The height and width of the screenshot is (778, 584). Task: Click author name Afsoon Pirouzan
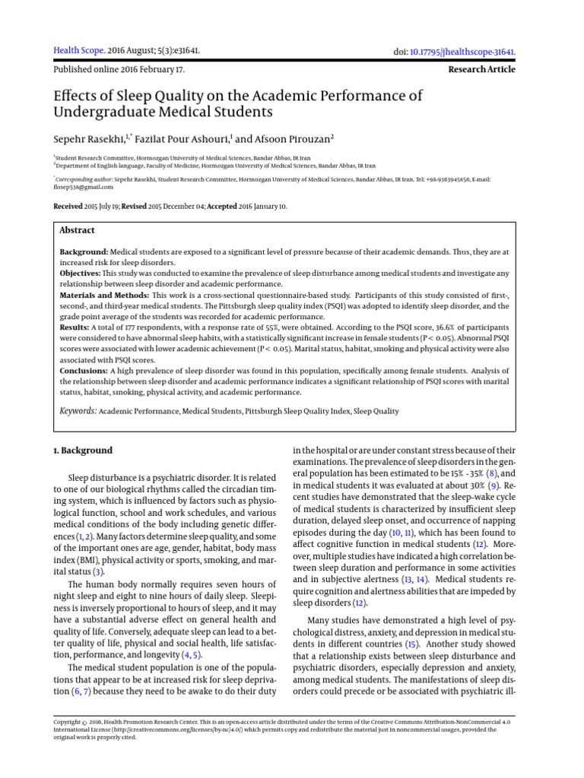(x=290, y=138)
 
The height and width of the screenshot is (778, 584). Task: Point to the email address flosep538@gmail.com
(x=84, y=186)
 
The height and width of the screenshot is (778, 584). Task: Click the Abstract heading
(x=78, y=230)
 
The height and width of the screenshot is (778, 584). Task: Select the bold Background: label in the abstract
(x=84, y=251)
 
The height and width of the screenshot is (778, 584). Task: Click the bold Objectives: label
(x=81, y=272)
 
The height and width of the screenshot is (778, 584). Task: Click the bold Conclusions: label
(x=84, y=371)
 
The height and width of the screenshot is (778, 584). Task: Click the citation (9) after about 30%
(x=494, y=484)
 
